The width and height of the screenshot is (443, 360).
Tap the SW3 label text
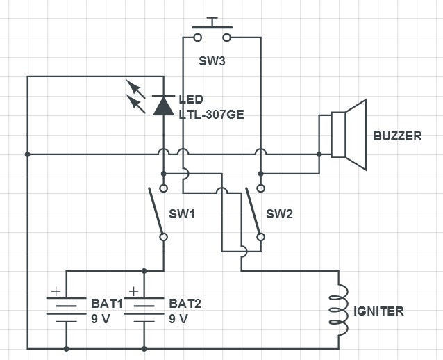[212, 60]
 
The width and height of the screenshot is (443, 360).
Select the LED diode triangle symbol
[163, 105]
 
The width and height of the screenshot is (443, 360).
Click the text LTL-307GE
[211, 114]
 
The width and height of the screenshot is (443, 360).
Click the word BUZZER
[397, 136]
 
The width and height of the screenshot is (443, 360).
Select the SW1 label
[182, 214]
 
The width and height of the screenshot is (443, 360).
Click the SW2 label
[280, 214]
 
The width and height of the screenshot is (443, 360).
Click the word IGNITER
[378, 311]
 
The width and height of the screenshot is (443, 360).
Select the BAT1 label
[106, 304]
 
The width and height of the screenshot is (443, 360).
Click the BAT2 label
[185, 304]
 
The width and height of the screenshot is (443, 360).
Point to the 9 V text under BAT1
[101, 319]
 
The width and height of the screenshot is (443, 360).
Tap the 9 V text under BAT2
[178, 319]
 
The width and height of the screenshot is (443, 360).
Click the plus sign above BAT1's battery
[56, 292]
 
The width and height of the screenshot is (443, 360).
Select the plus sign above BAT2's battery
[133, 292]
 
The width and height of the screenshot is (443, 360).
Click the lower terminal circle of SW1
[163, 237]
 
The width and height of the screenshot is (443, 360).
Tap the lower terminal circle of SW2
[260, 237]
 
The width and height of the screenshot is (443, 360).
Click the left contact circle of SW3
[198, 36]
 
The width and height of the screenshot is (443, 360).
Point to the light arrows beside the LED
[135, 97]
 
